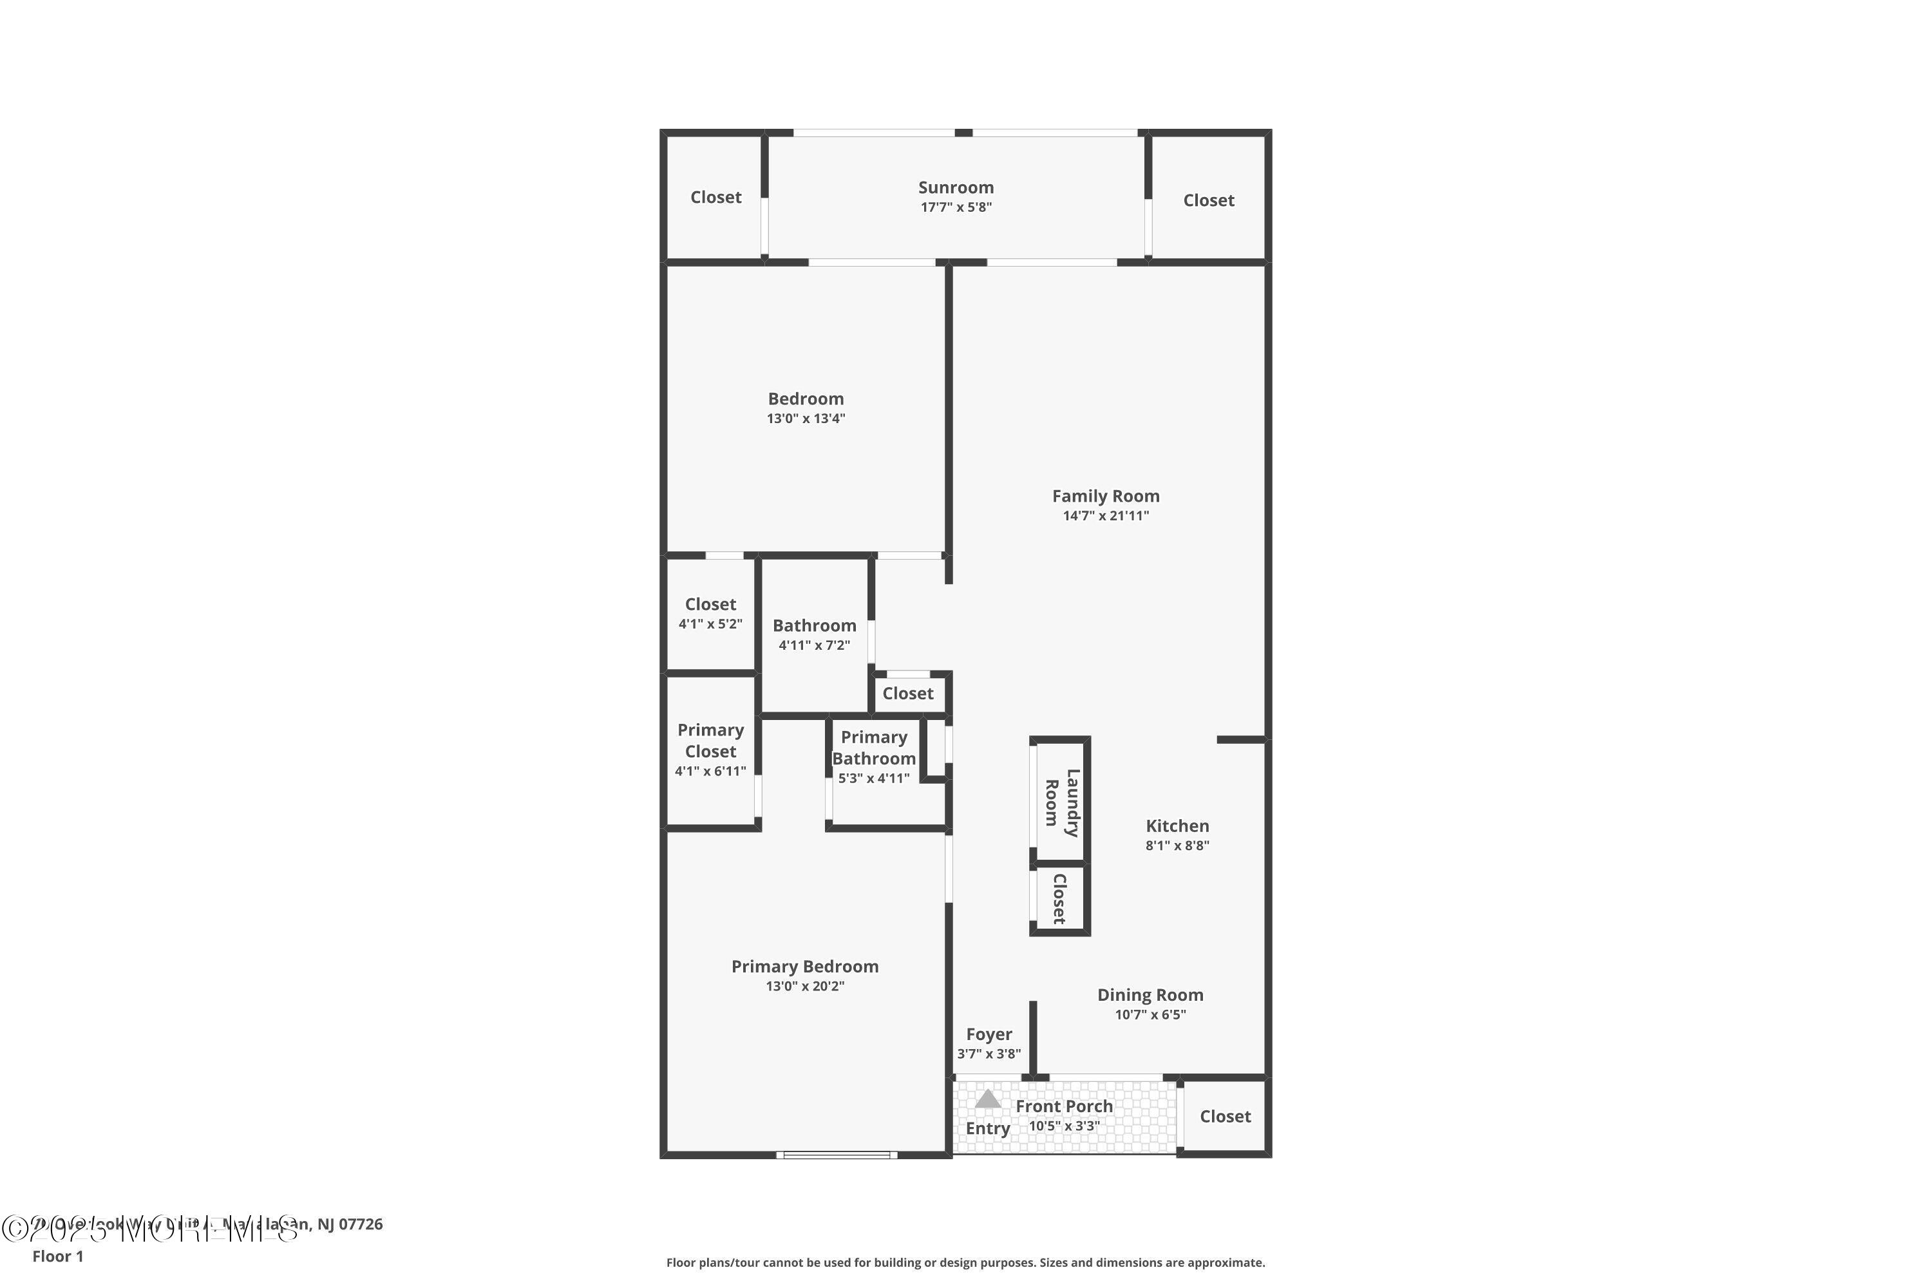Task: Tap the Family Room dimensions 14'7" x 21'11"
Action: pyautogui.click(x=1106, y=516)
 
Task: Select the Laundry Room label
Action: pyautogui.click(x=1061, y=802)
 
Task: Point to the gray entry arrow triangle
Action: pyautogui.click(x=987, y=1099)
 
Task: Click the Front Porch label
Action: pyautogui.click(x=1064, y=1106)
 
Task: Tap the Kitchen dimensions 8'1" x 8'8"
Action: pyautogui.click(x=1177, y=845)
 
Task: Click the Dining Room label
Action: pyautogui.click(x=1150, y=995)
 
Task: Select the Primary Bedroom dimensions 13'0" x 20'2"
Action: pyautogui.click(x=804, y=986)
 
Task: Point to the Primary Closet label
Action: pyautogui.click(x=710, y=740)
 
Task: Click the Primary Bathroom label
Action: pyautogui.click(x=873, y=748)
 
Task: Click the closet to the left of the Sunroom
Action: pyautogui.click(x=715, y=197)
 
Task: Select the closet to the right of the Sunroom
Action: pyautogui.click(x=1207, y=200)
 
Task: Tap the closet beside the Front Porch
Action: pyautogui.click(x=1224, y=1116)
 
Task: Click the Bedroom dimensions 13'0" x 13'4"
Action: pyautogui.click(x=805, y=418)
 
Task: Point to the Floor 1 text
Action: pyautogui.click(x=57, y=1256)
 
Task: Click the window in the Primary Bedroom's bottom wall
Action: pyautogui.click(x=836, y=1155)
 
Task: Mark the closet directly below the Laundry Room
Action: pyautogui.click(x=1059, y=898)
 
